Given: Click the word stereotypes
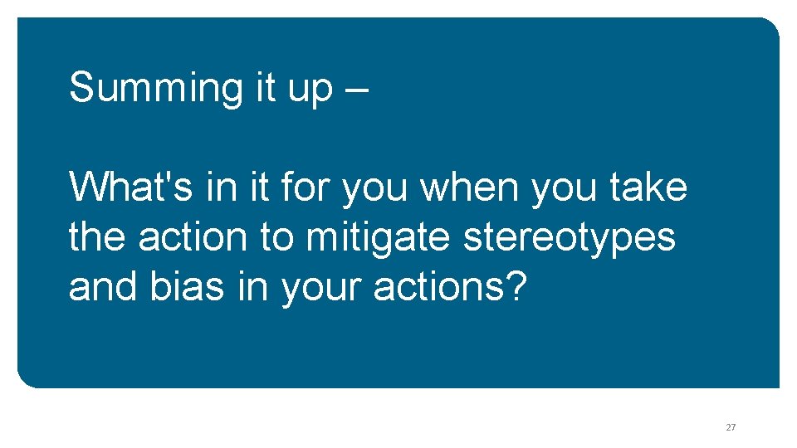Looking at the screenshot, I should point(570,238).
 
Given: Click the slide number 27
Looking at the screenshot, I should point(731,427).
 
